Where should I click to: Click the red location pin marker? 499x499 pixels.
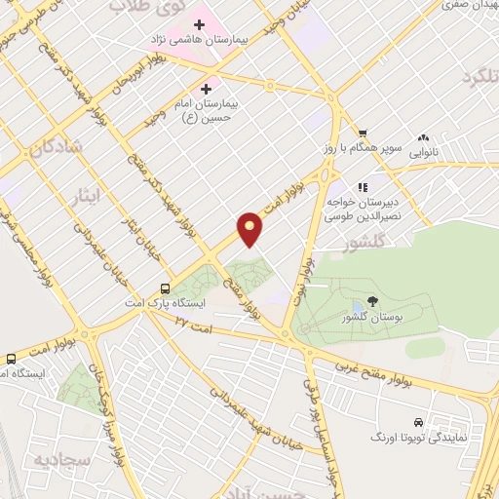[x=250, y=228]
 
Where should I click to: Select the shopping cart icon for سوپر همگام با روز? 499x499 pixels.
[x=362, y=134]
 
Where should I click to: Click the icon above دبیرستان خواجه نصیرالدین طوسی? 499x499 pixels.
[x=361, y=187]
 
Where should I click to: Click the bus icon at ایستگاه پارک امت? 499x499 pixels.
[x=165, y=288]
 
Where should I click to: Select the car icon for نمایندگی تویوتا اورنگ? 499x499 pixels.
[x=418, y=423]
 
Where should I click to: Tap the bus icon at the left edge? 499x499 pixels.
[x=10, y=359]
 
